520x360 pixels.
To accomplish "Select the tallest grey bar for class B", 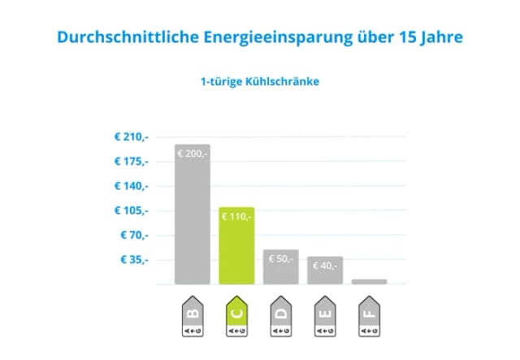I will [193, 215].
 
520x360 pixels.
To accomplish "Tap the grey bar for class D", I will [280, 267].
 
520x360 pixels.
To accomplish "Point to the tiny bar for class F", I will [369, 282].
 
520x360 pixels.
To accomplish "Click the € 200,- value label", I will [192, 154].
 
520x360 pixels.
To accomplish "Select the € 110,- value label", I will [236, 217].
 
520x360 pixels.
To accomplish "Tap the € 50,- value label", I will [280, 259].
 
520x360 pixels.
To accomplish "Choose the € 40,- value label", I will [325, 266].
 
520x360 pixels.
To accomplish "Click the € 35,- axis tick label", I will [134, 260].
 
